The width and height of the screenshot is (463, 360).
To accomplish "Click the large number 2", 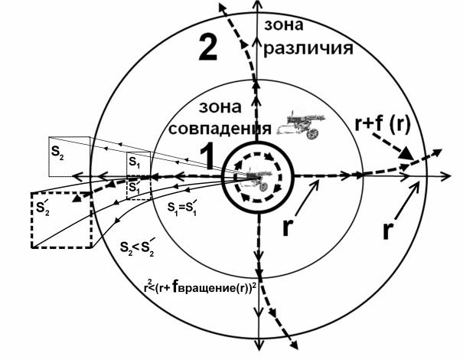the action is (208, 47).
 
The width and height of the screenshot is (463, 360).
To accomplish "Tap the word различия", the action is (308, 48).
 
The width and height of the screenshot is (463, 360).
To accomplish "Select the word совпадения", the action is (220, 129).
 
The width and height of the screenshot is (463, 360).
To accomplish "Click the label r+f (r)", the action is (383, 124).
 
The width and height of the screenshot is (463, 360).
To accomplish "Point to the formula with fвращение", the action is (200, 288).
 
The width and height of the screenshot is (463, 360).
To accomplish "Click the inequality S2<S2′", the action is (137, 247).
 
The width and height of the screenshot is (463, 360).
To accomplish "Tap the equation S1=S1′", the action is (182, 208).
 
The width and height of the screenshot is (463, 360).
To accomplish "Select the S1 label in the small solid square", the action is (135, 162).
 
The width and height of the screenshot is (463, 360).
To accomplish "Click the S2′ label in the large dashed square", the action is (43, 208).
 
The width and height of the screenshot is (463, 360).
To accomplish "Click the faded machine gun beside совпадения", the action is (302, 124).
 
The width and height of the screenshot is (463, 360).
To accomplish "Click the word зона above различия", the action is (283, 25).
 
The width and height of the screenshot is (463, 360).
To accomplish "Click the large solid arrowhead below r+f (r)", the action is (406, 154).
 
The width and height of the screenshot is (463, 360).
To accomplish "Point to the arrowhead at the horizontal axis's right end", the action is (446, 176).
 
